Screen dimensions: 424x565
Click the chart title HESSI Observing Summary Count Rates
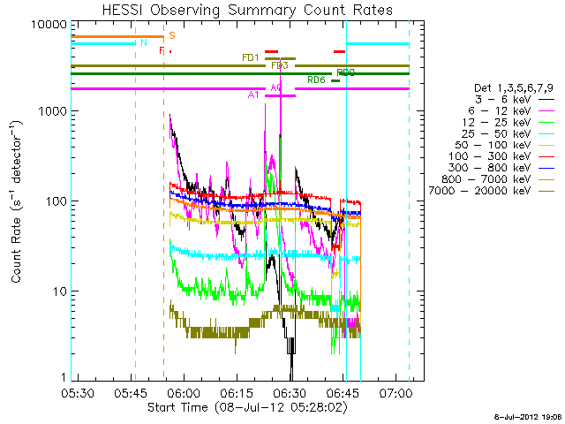(x=247, y=10)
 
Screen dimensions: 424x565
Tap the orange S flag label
(x=171, y=35)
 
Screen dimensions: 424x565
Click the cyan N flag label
(x=142, y=42)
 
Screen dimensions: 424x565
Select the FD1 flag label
(x=251, y=57)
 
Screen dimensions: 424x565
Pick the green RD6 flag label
(x=316, y=80)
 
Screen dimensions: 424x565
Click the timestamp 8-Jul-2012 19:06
(x=528, y=414)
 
